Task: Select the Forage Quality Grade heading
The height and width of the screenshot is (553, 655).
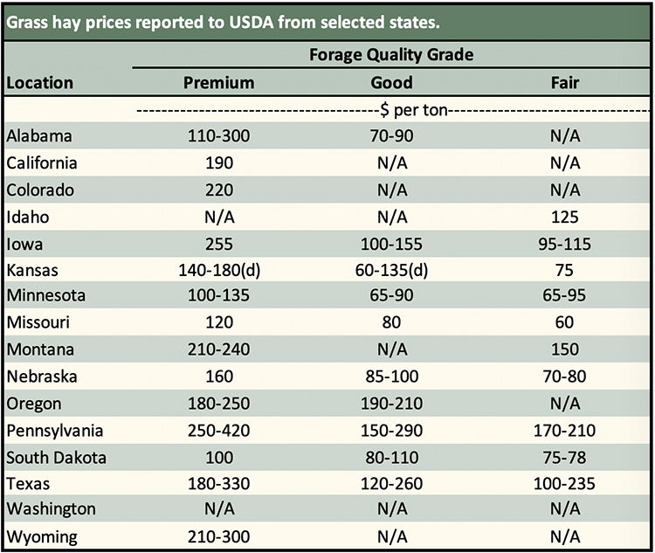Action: (x=391, y=55)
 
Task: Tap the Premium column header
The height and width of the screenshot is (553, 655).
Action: (x=219, y=83)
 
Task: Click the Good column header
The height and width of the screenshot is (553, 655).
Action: (x=391, y=83)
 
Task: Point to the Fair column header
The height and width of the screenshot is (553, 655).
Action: (x=565, y=83)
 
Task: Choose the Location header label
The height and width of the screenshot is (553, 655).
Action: (x=40, y=83)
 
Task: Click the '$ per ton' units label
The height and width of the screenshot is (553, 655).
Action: (x=391, y=111)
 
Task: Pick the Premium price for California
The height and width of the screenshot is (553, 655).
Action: (x=219, y=163)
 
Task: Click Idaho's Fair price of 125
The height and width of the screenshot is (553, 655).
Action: (x=565, y=217)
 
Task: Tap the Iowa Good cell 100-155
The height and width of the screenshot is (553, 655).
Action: (x=391, y=243)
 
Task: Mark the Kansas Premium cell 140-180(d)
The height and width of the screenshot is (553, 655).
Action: (x=219, y=270)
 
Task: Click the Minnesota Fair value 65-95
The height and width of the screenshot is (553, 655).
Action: (x=565, y=296)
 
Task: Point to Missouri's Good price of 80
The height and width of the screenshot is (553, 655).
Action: (x=391, y=323)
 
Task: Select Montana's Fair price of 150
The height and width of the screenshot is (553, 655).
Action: (x=565, y=349)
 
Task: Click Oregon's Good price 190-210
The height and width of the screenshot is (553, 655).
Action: (x=391, y=403)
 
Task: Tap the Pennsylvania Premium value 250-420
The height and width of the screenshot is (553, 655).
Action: (x=219, y=430)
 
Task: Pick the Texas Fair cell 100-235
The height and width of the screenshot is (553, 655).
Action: (x=565, y=483)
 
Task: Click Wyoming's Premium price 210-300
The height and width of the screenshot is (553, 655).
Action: (x=219, y=536)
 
